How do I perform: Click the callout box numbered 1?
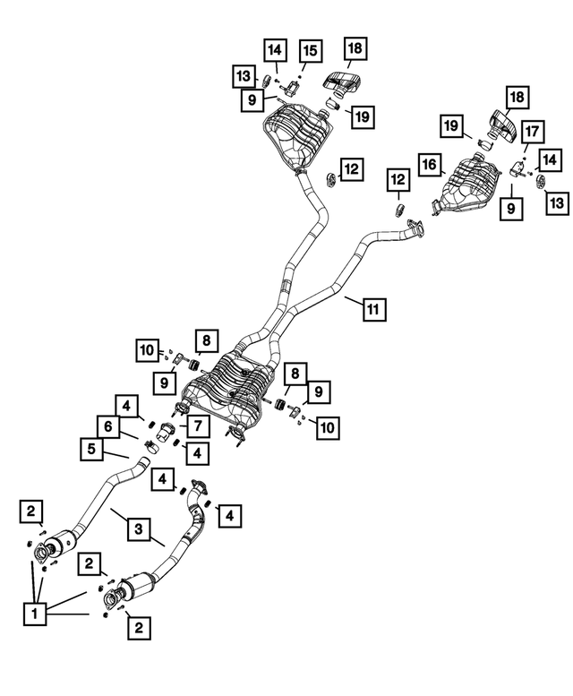click(x=35, y=614)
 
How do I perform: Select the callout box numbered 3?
click(x=139, y=529)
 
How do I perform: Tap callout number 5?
click(x=91, y=448)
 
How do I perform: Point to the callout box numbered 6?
click(x=108, y=426)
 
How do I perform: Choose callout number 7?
click(x=197, y=426)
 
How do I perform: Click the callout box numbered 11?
click(x=373, y=309)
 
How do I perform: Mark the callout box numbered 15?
click(x=310, y=51)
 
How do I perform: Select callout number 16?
click(x=430, y=165)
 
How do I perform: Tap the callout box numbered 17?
click(x=533, y=132)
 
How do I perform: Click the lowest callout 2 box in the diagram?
click(x=139, y=628)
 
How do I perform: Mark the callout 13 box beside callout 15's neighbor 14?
click(x=244, y=76)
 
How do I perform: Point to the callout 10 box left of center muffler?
click(x=147, y=350)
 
